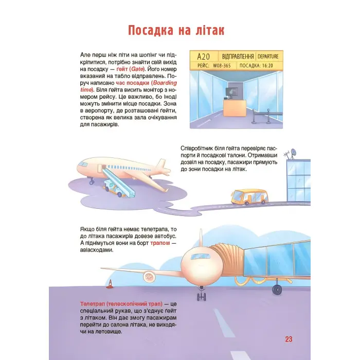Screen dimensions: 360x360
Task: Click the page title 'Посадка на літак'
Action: click(176, 30)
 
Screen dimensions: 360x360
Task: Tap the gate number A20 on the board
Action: click(204, 56)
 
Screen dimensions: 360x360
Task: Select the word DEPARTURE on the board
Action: click(268, 57)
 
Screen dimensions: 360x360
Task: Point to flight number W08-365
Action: click(222, 66)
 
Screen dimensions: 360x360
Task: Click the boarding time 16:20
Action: click(267, 66)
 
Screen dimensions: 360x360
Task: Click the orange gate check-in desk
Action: click(235, 107)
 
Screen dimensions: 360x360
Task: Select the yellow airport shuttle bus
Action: click(249, 197)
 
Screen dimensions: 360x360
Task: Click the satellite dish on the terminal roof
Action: click(294, 152)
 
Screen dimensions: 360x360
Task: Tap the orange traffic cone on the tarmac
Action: click(110, 284)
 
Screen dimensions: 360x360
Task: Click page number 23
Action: click(289, 339)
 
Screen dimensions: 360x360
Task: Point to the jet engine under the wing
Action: click(149, 277)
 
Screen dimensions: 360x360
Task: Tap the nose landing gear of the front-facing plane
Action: click(202, 294)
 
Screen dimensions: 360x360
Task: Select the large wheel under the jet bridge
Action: click(277, 290)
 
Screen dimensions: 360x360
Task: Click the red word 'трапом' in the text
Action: click(160, 243)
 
